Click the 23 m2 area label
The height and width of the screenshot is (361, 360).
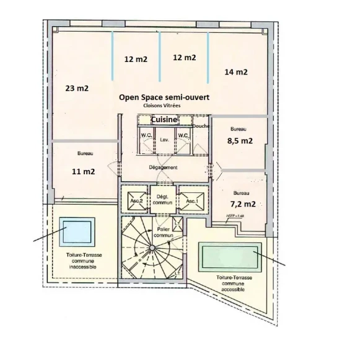[x=77, y=89]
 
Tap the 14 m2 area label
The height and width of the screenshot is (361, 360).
[x=236, y=72]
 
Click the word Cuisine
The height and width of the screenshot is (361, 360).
[x=160, y=120]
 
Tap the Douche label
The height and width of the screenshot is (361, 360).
[x=201, y=127]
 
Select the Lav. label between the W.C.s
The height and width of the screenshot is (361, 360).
[x=164, y=140]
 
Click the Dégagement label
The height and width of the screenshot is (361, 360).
[x=164, y=167]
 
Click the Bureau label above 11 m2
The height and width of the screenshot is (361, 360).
[x=86, y=153]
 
